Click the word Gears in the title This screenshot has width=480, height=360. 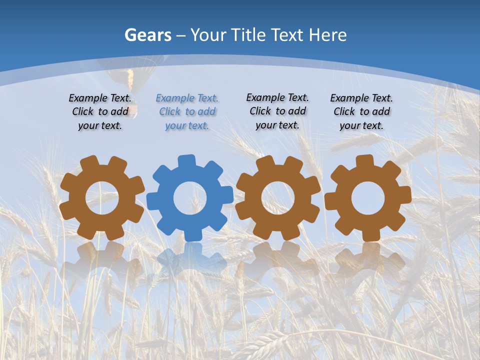click(x=147, y=35)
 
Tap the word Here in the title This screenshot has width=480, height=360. click(x=327, y=35)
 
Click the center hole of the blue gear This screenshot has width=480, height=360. click(x=190, y=198)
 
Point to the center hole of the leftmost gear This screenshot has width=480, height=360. click(x=102, y=198)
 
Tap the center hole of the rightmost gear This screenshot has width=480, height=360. click(x=367, y=198)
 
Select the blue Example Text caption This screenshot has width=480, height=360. click(x=187, y=112)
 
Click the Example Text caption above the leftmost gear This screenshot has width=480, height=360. click(x=100, y=112)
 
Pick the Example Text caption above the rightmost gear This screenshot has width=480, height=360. click(x=361, y=112)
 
